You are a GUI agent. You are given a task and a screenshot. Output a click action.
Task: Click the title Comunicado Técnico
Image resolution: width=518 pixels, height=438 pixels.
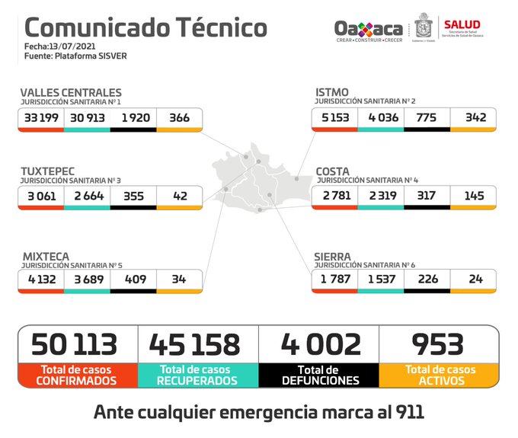(x=146, y=27)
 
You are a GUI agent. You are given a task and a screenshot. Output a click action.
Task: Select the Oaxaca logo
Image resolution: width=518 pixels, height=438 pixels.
(x=369, y=30)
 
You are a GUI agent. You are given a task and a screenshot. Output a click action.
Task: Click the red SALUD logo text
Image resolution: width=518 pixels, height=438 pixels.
(x=462, y=25)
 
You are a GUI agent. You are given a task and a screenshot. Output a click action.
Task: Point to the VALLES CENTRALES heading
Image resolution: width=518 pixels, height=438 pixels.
(x=71, y=92)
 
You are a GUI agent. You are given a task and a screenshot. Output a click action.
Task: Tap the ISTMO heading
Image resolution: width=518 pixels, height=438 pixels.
(x=332, y=92)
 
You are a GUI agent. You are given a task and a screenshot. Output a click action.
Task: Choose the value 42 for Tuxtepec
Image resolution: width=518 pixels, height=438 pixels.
(x=179, y=197)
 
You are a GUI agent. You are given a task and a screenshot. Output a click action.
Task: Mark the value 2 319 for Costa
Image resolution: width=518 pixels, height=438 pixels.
(x=380, y=197)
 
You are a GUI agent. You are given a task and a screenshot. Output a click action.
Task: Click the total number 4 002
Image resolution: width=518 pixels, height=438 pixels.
(x=320, y=344)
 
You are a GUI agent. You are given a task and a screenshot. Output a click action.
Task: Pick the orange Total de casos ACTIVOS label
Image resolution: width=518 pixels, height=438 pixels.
(x=440, y=375)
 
